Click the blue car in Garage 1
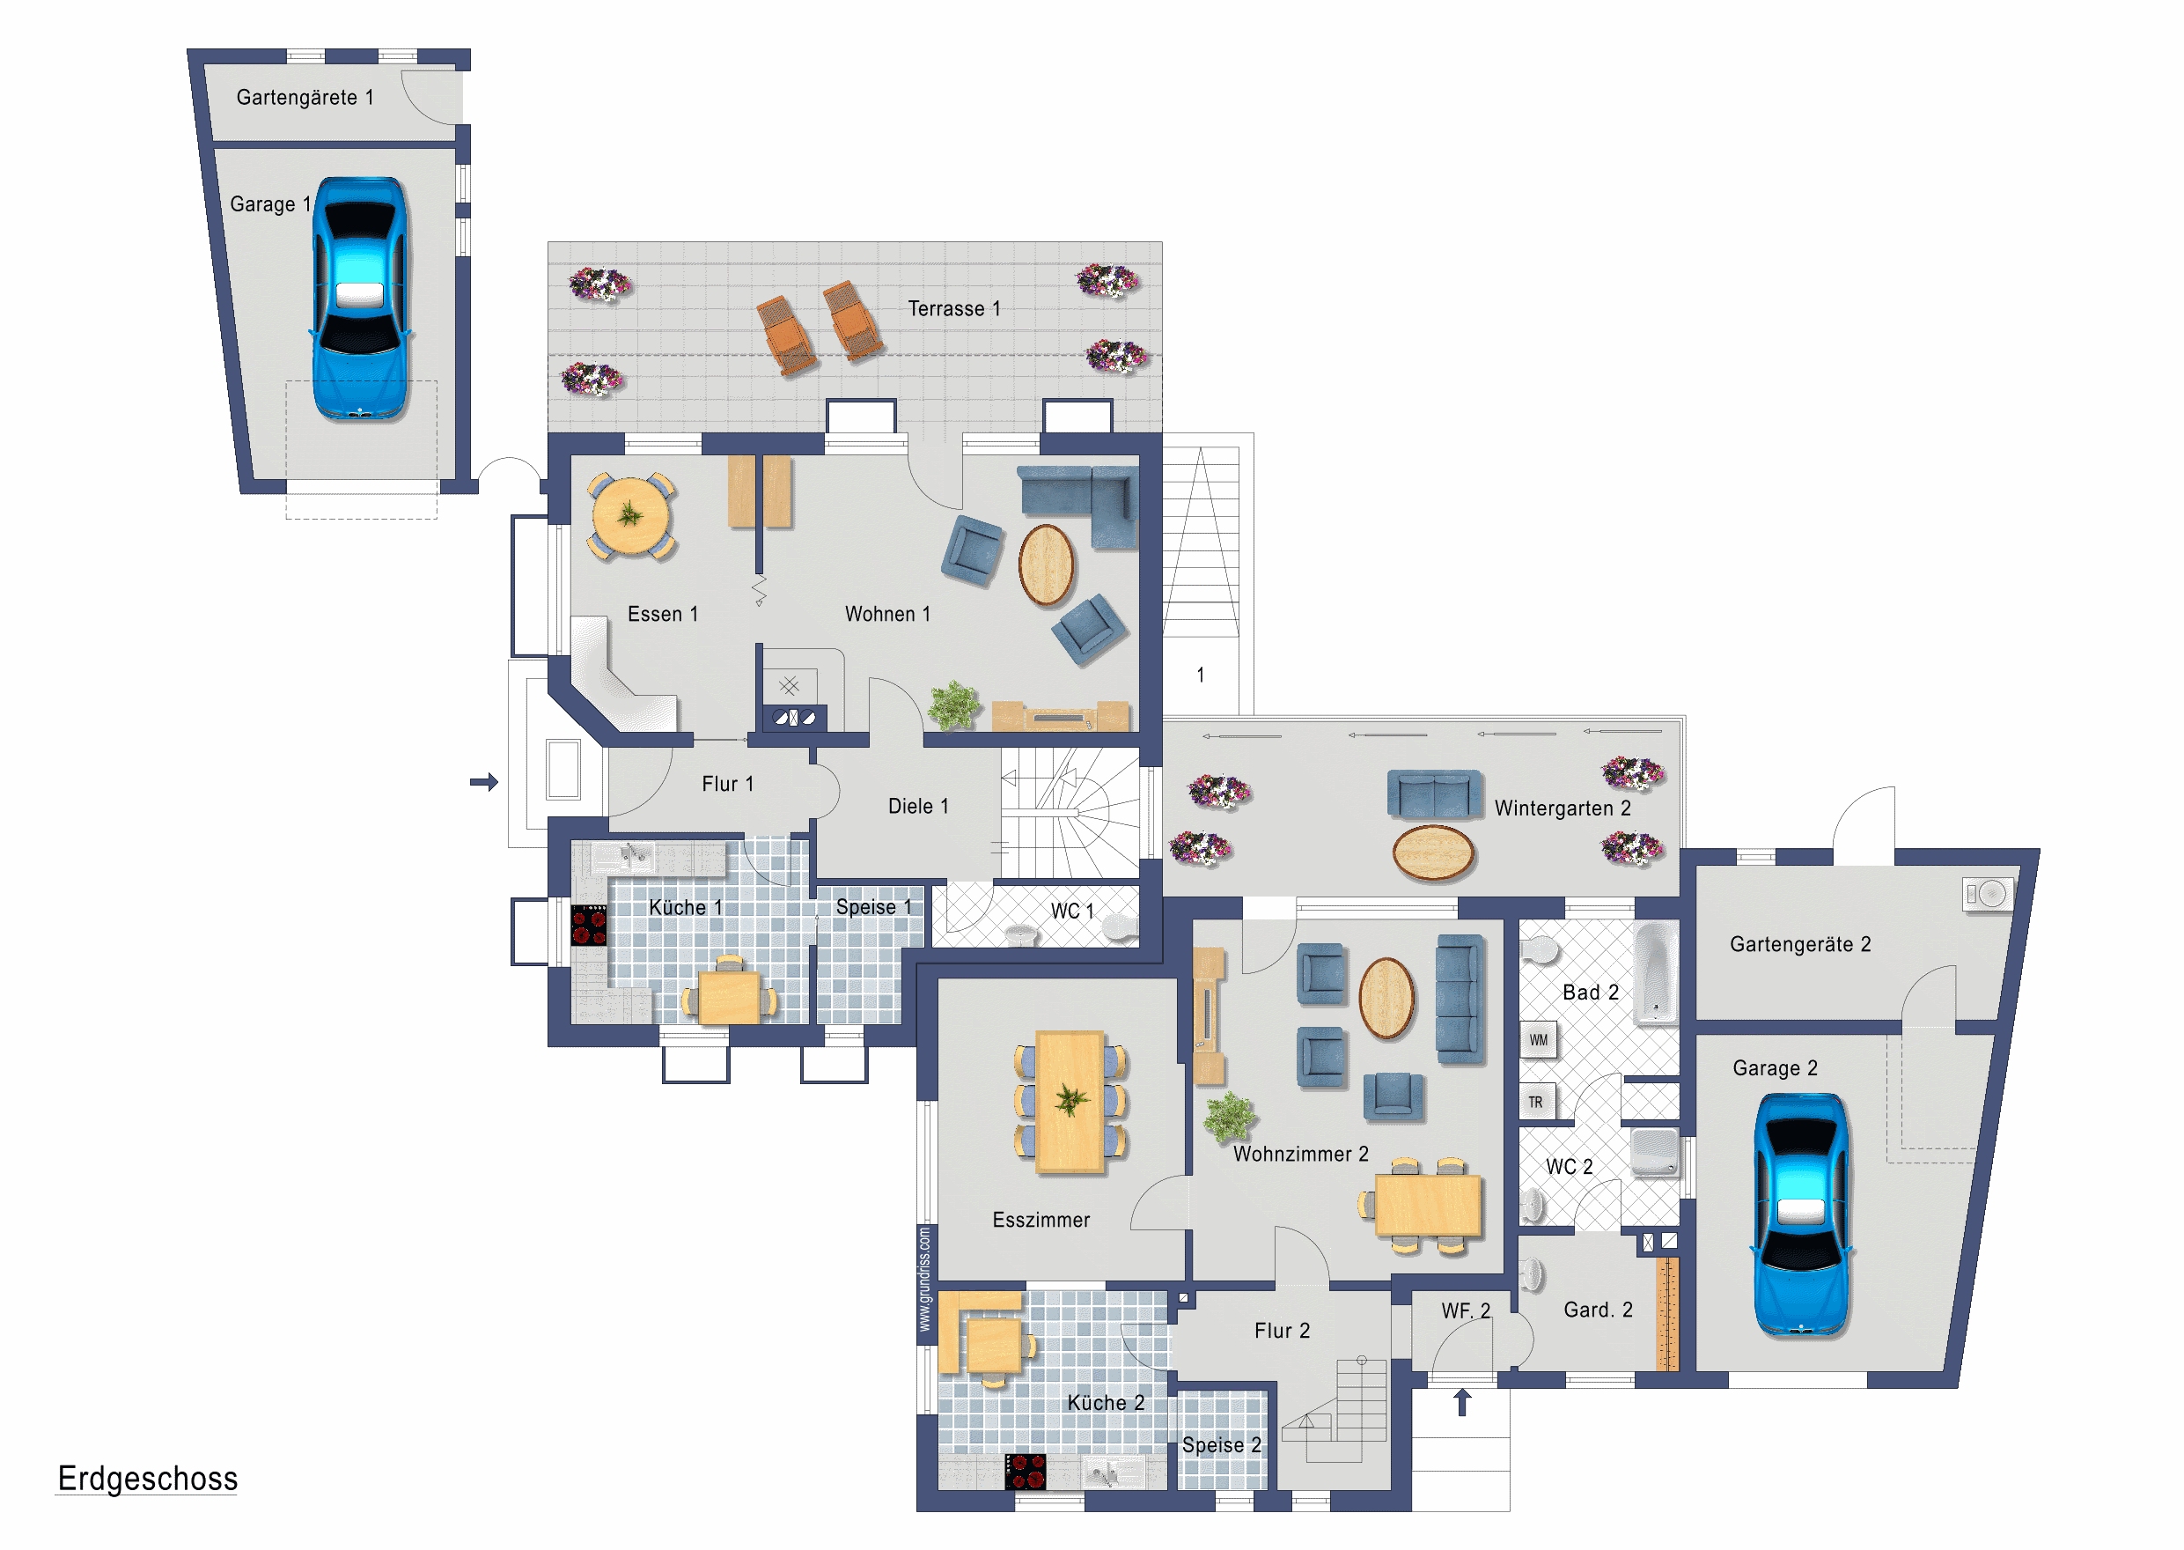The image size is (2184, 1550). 361,299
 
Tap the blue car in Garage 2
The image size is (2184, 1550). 1801,1215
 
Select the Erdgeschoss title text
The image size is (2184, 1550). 147,1479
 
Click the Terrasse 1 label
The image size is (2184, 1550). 954,308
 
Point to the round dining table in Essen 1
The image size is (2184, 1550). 630,515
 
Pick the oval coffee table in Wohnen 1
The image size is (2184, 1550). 1046,565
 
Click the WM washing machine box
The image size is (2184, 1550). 1539,1040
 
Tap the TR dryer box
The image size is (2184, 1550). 1536,1103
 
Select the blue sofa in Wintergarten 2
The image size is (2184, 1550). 1434,794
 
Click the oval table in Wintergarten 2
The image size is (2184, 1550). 1433,852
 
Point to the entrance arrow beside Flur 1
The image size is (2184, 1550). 485,782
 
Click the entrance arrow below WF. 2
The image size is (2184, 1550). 1462,1403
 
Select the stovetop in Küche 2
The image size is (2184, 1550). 1026,1472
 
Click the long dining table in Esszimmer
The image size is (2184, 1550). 1070,1102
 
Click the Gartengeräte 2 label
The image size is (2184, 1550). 1800,944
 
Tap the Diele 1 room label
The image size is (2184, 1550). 918,807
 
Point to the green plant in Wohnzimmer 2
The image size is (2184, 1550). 1231,1117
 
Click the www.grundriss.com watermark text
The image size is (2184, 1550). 923,1279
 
